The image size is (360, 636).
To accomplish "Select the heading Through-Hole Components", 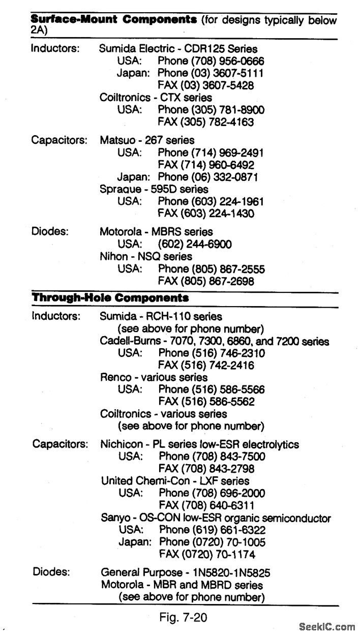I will (x=110, y=298).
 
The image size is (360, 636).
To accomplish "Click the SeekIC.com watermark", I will (x=327, y=627).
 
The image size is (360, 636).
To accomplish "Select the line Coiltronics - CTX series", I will (x=156, y=98).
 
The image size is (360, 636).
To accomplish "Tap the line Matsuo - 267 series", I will (x=147, y=140).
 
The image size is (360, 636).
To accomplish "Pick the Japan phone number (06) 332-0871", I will (x=224, y=177).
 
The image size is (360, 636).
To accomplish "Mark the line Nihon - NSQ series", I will (x=146, y=257).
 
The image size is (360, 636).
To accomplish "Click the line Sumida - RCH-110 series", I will (x=161, y=317).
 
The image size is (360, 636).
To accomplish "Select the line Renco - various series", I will (x=154, y=377).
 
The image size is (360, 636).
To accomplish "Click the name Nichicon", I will (x=122, y=444).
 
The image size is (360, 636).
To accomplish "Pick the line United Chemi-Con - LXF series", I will (x=175, y=480).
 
